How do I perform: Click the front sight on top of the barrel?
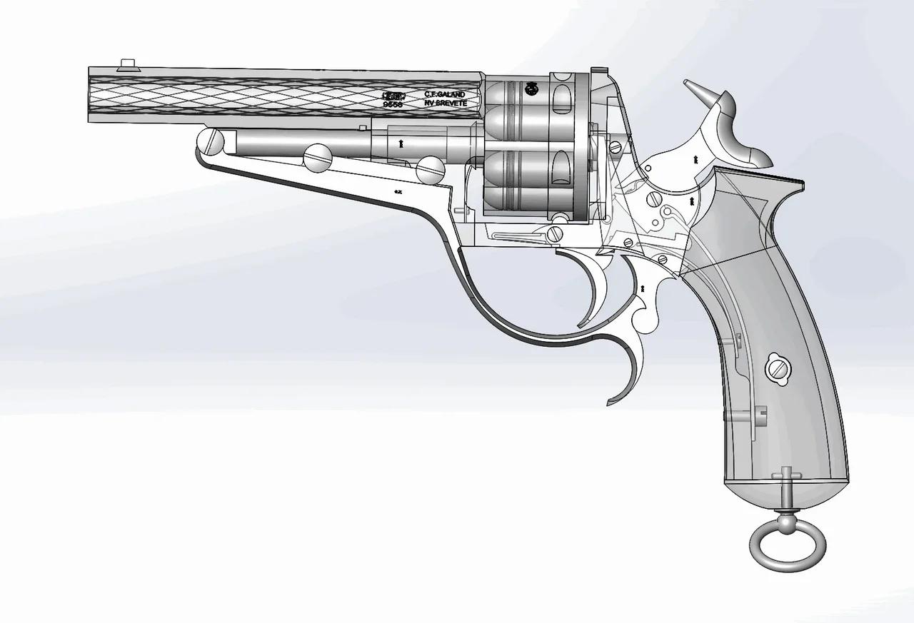pyautogui.click(x=129, y=64)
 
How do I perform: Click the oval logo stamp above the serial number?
pyautogui.click(x=394, y=94)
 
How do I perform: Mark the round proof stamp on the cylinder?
pyautogui.click(x=531, y=88)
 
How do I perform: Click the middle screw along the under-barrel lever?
pyautogui.click(x=317, y=157)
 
